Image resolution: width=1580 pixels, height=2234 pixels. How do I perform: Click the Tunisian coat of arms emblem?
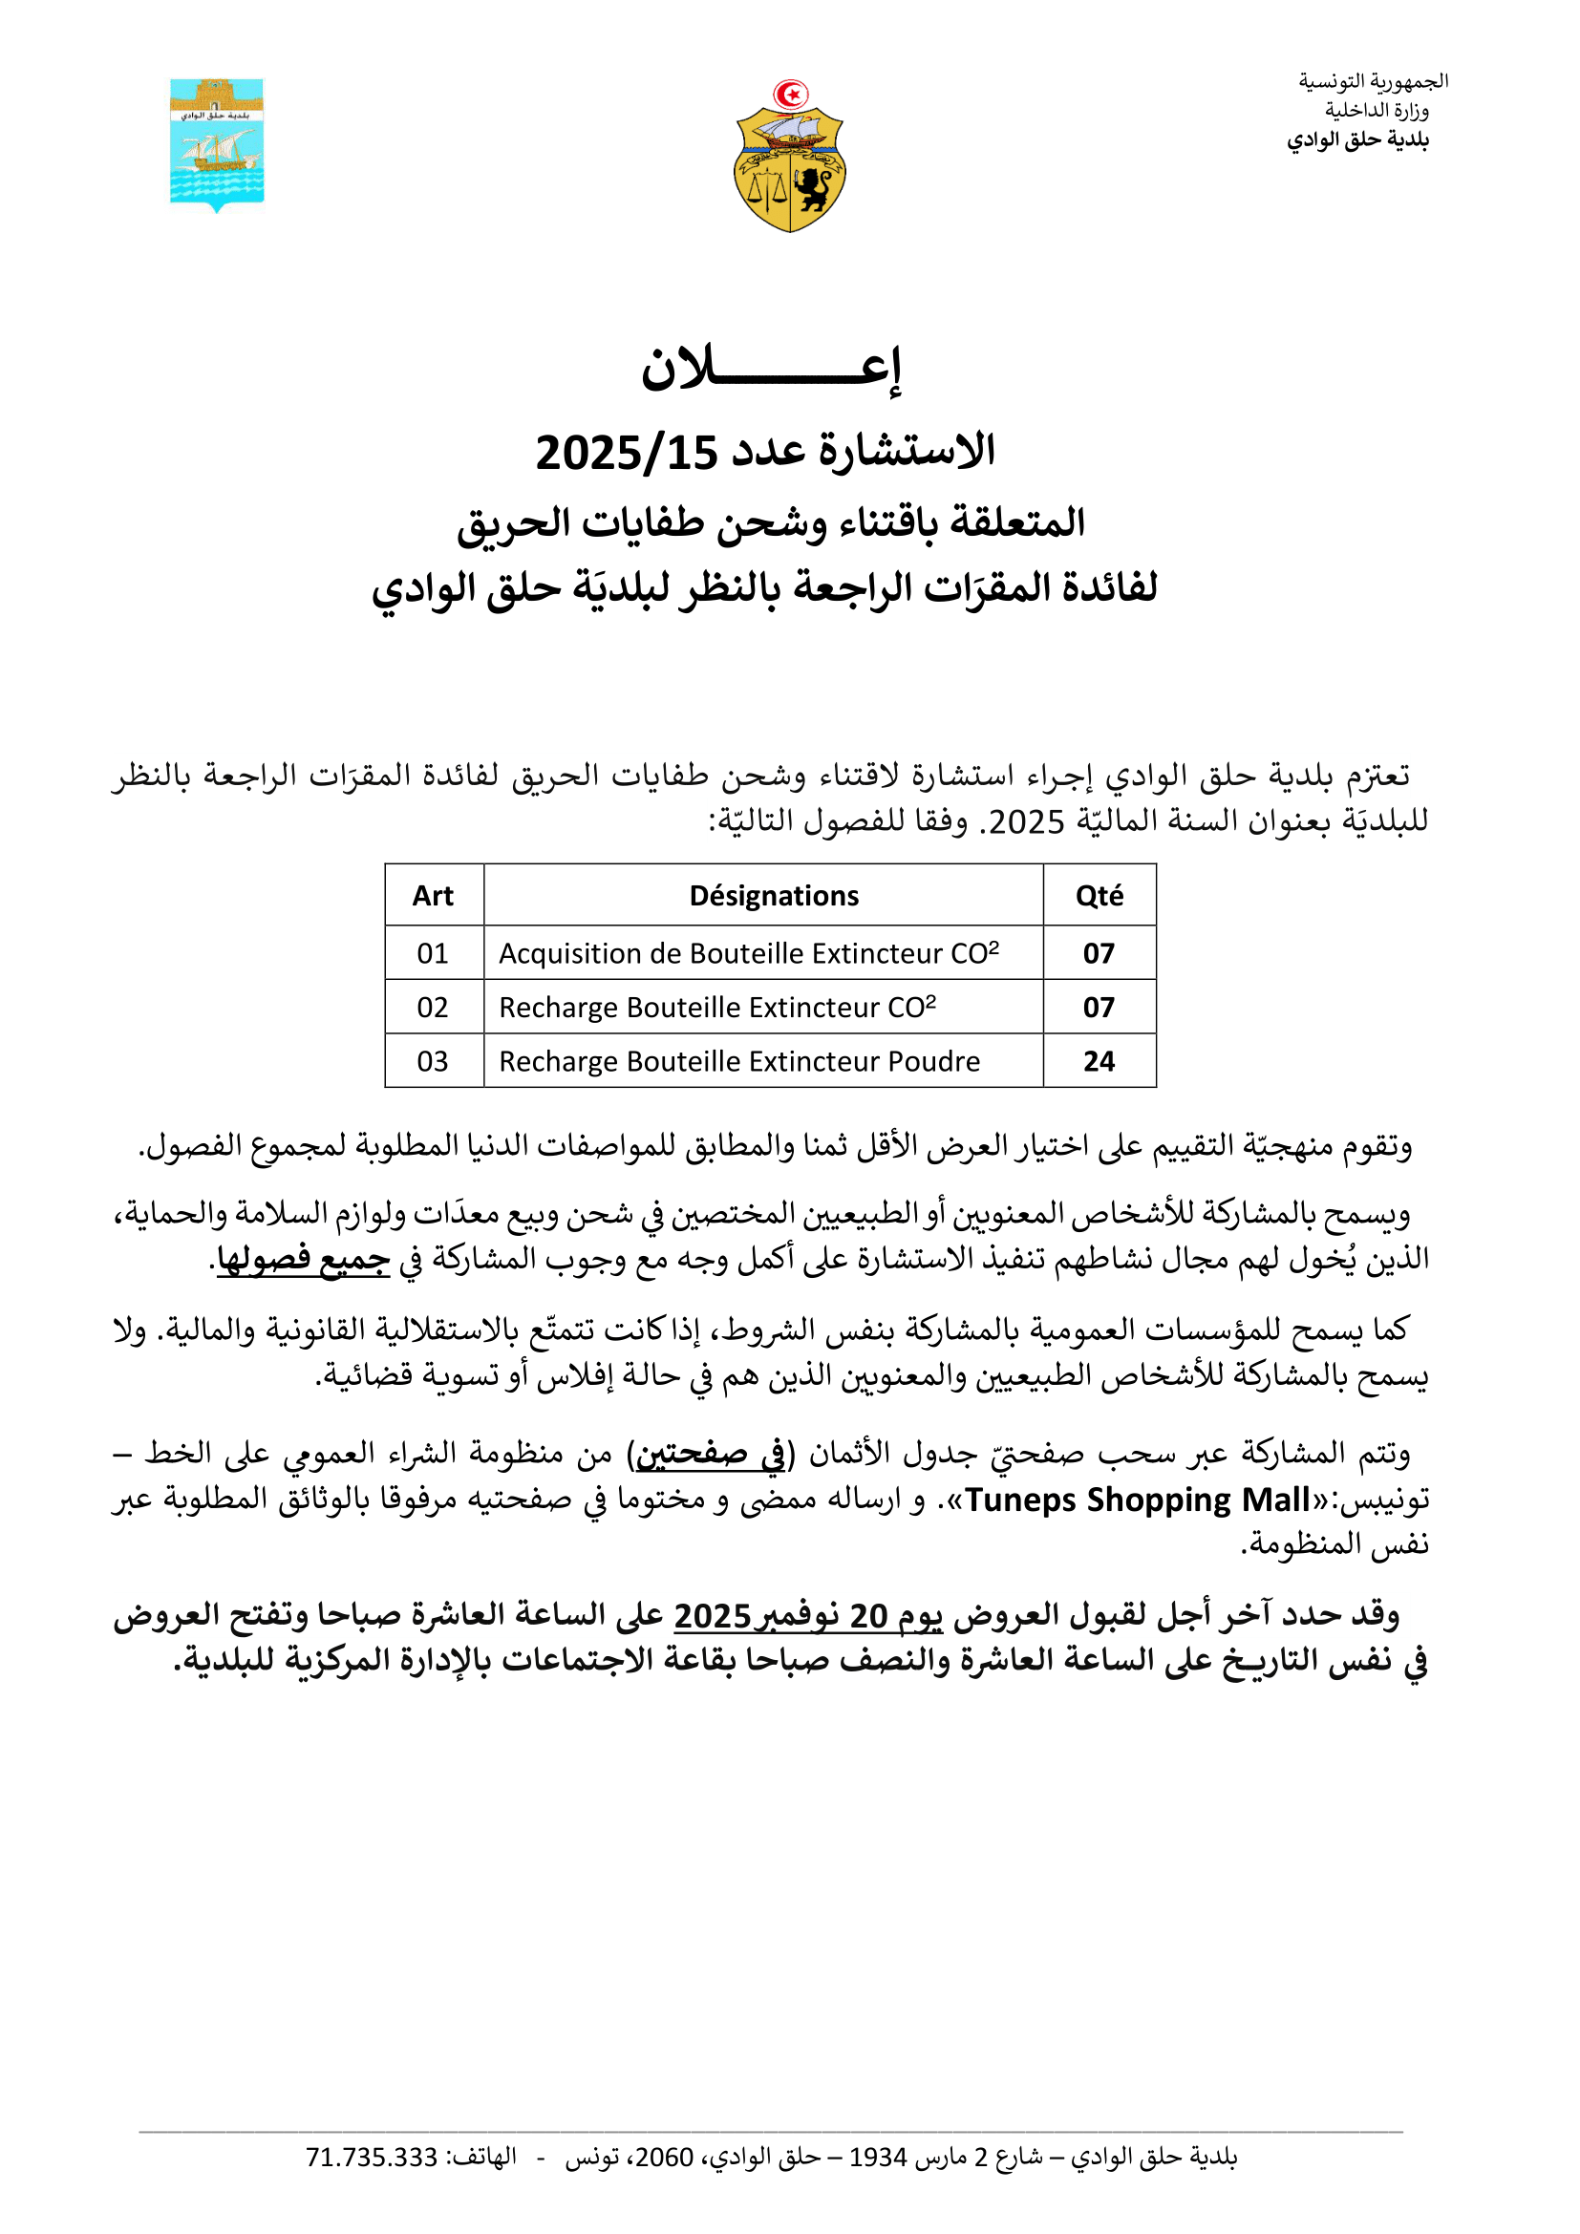coord(789,157)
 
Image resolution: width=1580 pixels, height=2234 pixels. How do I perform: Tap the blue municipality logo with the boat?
coord(217,144)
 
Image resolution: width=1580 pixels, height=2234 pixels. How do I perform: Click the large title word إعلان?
coord(771,370)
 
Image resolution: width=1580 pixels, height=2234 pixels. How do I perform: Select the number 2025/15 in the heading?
coord(627,454)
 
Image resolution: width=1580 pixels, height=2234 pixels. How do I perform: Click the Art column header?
coord(433,895)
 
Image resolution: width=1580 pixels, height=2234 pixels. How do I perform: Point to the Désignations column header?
coord(774,895)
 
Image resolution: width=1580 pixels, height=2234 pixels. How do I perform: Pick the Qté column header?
coord(1100,895)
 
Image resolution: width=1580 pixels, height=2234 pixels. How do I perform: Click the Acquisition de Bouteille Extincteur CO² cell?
coord(748,953)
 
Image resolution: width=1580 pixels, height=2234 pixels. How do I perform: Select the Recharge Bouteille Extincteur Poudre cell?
coord(739,1061)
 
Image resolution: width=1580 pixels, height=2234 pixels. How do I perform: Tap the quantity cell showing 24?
coord(1100,1061)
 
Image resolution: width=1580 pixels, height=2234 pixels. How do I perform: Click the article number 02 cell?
coord(433,1008)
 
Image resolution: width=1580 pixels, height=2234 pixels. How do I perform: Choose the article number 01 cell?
coord(433,953)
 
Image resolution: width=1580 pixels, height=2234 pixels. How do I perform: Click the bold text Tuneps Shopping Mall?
coord(1137,1500)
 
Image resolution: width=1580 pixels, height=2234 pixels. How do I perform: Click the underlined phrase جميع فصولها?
coord(303,1260)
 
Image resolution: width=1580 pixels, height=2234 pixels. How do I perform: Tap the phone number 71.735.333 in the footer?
coord(372,2159)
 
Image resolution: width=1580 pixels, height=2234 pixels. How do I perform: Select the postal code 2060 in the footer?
coord(664,2159)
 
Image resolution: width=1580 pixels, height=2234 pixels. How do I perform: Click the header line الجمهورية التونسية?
coord(1373,82)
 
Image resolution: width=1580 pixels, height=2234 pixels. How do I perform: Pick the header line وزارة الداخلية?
coord(1377,111)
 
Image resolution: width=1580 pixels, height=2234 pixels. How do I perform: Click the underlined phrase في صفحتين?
coord(709,1455)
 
